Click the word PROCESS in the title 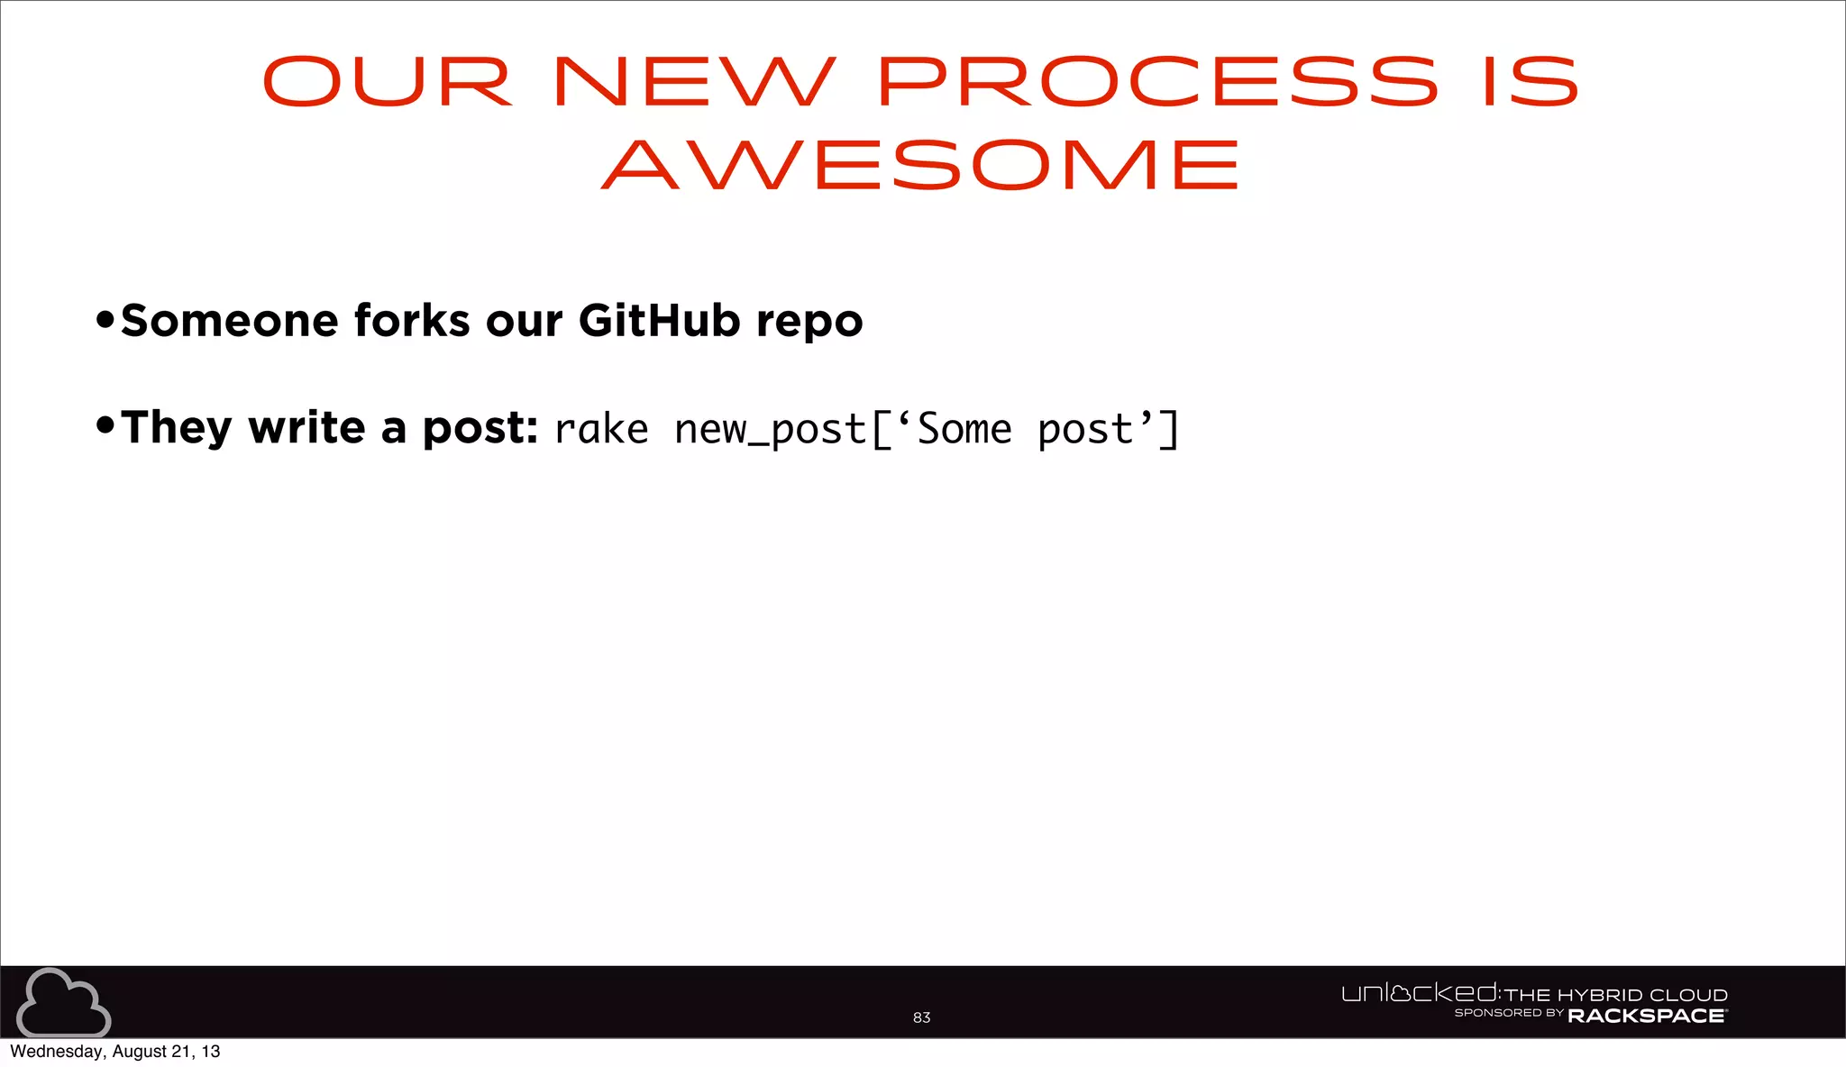point(1157,82)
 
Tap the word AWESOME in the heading point(921,165)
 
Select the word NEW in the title point(695,82)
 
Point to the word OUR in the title point(388,82)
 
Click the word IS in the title point(1531,82)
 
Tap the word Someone point(229,321)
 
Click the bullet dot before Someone point(105,319)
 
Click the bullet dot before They point(105,424)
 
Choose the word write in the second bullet point(306,426)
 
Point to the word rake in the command point(601,429)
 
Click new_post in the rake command point(770,430)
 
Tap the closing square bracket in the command point(1168,429)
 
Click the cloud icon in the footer point(63,1003)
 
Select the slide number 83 point(921,1017)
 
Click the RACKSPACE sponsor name point(1647,1016)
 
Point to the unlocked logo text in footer point(1420,993)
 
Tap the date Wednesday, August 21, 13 point(114,1052)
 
